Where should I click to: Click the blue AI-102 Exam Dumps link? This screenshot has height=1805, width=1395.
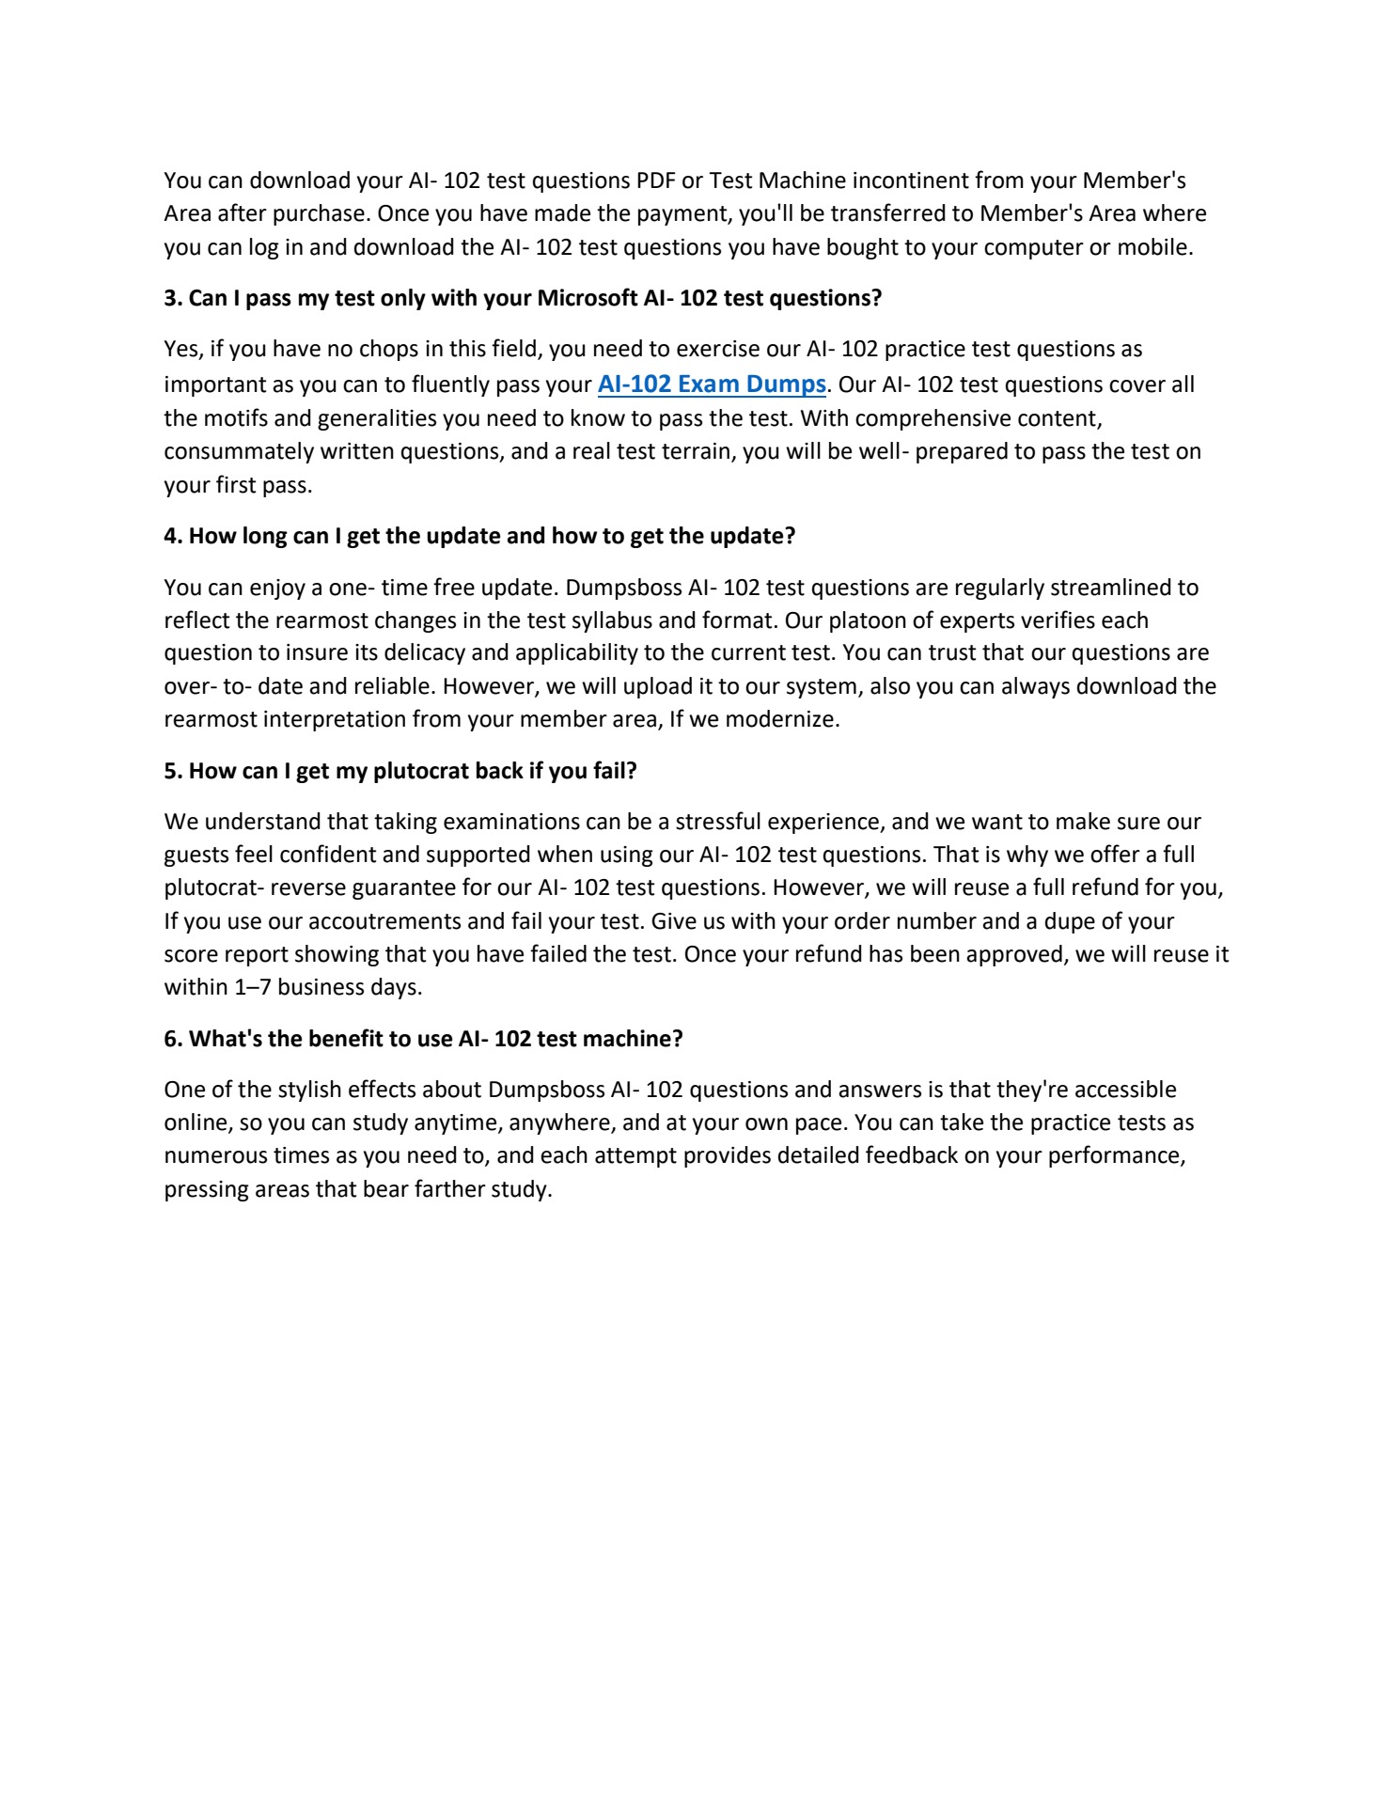pos(712,385)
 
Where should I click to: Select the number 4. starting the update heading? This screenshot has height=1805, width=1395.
pos(173,536)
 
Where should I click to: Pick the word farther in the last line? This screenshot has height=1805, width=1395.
pos(448,1189)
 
